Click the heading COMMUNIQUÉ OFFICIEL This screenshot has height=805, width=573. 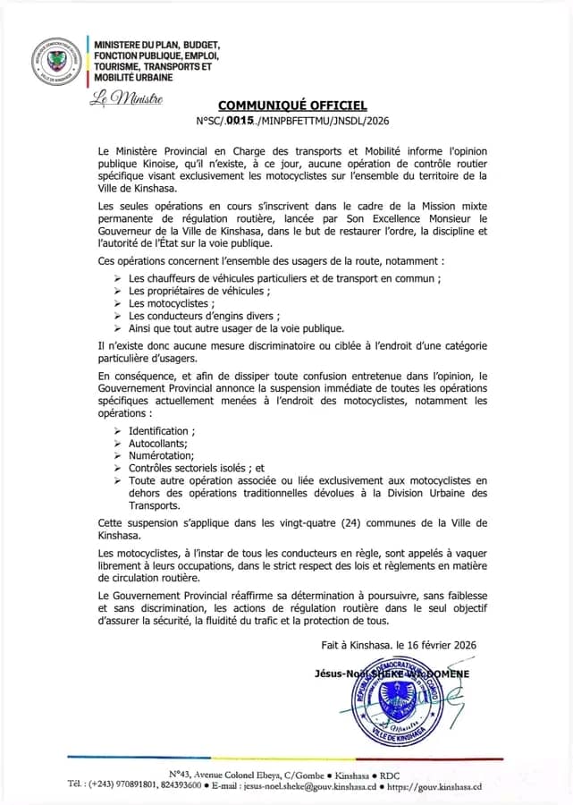(x=292, y=105)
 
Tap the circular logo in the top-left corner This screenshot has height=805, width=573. (x=56, y=63)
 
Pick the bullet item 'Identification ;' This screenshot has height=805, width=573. (x=161, y=431)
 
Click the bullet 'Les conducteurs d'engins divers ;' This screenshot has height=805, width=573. (x=205, y=315)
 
